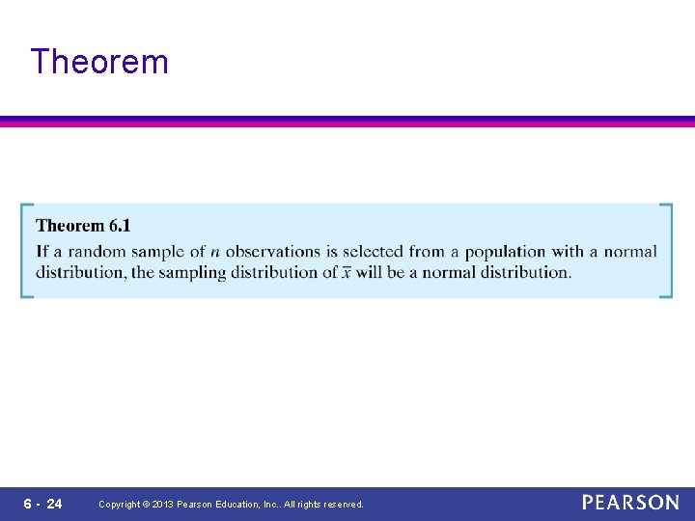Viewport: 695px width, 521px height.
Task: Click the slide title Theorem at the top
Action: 99,62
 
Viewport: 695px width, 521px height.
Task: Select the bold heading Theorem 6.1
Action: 83,226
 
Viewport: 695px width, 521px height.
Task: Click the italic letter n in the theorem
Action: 215,252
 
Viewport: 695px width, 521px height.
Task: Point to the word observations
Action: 273,252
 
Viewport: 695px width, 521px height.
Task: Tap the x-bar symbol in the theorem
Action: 346,272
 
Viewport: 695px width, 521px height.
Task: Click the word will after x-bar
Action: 371,272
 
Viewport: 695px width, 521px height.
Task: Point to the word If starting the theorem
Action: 42,252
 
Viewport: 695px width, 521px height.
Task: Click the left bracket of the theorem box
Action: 25,251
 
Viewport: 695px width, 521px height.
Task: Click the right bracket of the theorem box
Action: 666,251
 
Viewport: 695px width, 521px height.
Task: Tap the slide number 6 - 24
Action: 42,504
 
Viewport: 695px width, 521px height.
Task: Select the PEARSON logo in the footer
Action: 630,503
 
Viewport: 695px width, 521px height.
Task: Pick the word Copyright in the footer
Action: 120,505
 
